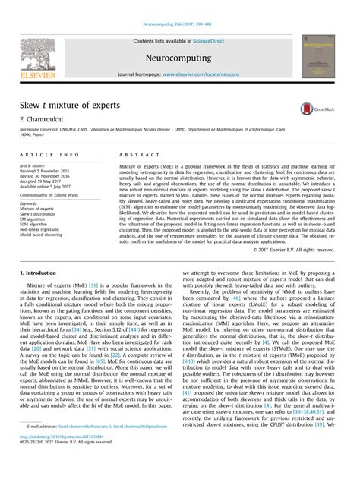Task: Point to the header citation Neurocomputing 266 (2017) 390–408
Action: [x=180, y=5]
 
